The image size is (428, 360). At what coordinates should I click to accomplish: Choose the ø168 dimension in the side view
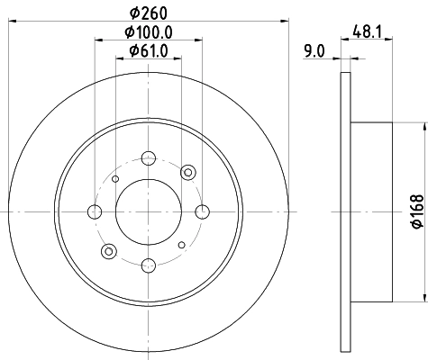(416, 212)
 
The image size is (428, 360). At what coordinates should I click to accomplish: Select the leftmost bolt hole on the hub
(96, 212)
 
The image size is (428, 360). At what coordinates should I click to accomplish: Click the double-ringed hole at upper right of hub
(187, 173)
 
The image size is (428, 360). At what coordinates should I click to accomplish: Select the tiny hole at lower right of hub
(181, 245)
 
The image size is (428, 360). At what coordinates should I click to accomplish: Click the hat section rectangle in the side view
(371, 212)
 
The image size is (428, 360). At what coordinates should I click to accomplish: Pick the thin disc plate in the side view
(345, 212)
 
